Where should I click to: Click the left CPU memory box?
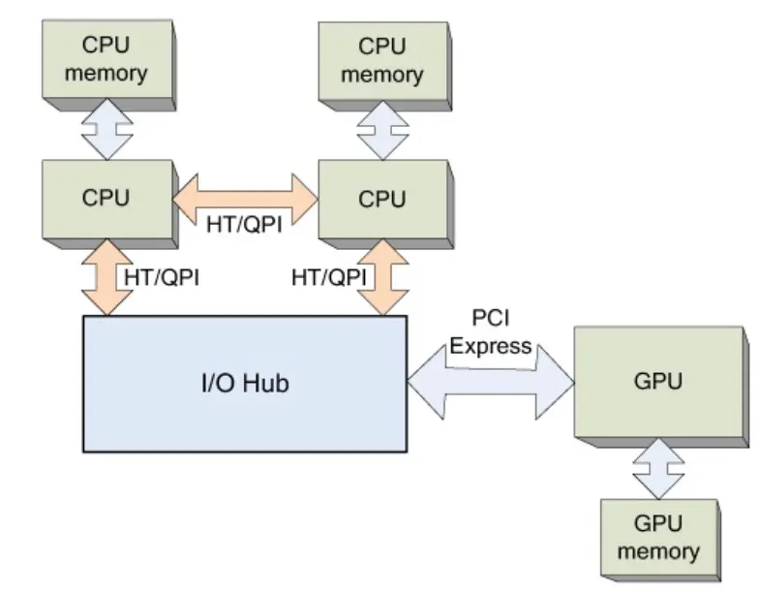coord(106,60)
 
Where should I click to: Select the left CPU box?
coord(106,199)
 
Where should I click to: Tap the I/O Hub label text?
coord(244,384)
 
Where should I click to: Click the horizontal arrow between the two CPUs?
coord(244,199)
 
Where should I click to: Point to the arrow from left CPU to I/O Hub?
coord(106,275)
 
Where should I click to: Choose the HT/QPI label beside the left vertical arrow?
coord(161,277)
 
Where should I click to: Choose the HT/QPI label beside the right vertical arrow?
coord(329,277)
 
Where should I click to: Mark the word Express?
coord(491,346)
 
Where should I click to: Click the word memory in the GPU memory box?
coord(658,551)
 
